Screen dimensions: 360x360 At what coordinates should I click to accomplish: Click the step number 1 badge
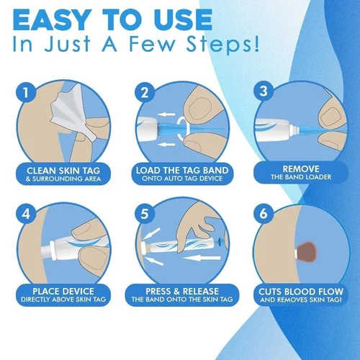(x=27, y=93)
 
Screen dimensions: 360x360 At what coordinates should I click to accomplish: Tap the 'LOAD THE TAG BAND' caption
(x=180, y=171)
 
